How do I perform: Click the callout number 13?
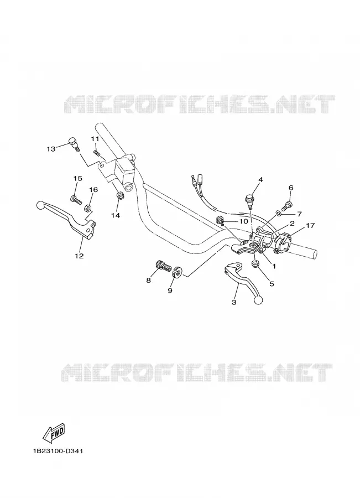(x=51, y=149)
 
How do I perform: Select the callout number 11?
(x=95, y=139)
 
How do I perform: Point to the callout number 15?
(x=78, y=179)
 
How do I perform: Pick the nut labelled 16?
(x=87, y=209)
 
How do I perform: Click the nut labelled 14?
(x=121, y=196)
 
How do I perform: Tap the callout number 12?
(x=79, y=256)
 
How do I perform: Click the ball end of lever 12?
(x=40, y=205)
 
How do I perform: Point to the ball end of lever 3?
(x=259, y=300)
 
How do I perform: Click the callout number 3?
(x=234, y=303)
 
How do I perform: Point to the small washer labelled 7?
(x=278, y=212)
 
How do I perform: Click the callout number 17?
(x=310, y=226)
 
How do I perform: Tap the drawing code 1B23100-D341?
(x=58, y=452)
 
